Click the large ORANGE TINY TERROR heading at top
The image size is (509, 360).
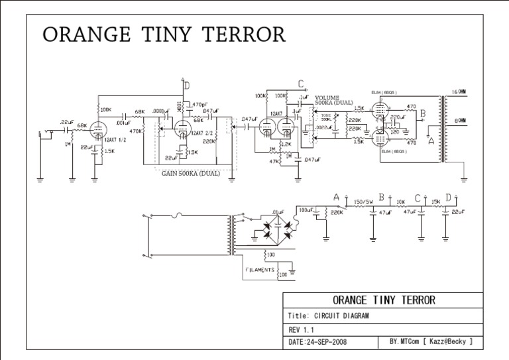click(x=164, y=34)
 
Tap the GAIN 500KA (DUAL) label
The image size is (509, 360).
click(x=190, y=174)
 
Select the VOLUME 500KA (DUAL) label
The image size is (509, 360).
click(x=334, y=101)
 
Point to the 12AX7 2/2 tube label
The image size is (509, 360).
click(x=201, y=133)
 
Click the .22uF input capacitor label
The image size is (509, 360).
click(x=67, y=121)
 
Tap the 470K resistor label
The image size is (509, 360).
click(x=136, y=131)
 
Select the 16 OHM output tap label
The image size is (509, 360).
click(x=458, y=91)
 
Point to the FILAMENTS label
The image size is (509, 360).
click(x=260, y=270)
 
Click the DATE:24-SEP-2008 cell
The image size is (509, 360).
click(x=317, y=342)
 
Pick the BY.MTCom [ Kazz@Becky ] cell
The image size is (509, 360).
click(x=431, y=342)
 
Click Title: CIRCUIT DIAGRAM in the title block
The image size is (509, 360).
click(x=329, y=316)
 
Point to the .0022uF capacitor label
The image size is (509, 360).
click(x=323, y=127)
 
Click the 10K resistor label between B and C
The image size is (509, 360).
click(x=400, y=202)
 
